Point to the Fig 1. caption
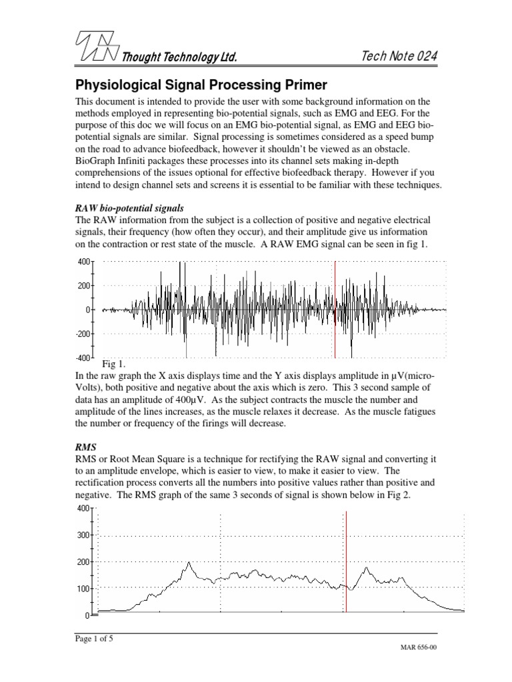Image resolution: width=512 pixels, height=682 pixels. click(x=114, y=364)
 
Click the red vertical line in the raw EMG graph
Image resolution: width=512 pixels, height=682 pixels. click(x=335, y=310)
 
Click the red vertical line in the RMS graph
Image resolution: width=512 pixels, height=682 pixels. click(x=346, y=561)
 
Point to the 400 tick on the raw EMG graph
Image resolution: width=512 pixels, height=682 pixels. click(x=83, y=262)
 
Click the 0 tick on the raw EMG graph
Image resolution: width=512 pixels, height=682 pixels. click(x=87, y=310)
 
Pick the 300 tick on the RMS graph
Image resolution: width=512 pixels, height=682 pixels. click(x=83, y=535)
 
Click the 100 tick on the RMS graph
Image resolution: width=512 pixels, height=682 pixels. click(x=83, y=588)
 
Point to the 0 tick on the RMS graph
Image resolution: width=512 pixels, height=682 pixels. click(x=87, y=614)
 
